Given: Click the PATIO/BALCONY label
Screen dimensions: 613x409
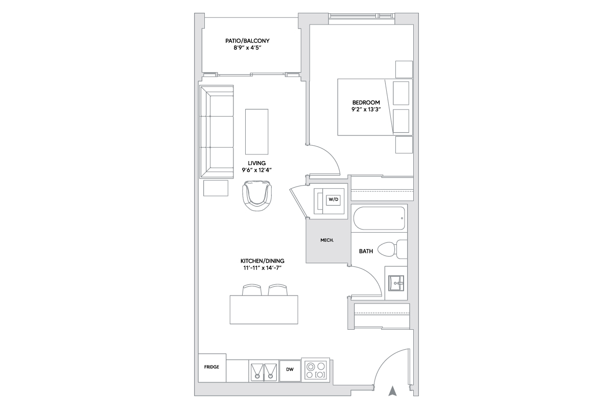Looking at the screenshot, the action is (x=247, y=41).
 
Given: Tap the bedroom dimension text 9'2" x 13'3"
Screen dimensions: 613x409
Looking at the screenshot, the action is (x=366, y=109).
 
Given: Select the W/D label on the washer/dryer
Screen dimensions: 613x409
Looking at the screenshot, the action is (x=333, y=199).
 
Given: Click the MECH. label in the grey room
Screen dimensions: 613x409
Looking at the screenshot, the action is (x=327, y=240).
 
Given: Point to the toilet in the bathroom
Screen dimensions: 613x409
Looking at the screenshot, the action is (x=392, y=249).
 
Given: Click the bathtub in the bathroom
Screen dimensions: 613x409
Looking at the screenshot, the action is (x=379, y=218).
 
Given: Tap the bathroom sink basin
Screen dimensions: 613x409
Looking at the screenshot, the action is (x=396, y=283).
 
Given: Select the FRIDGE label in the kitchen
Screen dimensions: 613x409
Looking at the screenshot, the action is (x=211, y=367).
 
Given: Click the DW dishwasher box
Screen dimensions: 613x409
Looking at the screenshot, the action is (x=290, y=371).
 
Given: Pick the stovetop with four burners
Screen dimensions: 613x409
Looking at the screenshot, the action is (x=316, y=370).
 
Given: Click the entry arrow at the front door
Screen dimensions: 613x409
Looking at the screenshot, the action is (x=393, y=391).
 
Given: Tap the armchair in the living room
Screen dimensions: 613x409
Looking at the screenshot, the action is (x=257, y=196).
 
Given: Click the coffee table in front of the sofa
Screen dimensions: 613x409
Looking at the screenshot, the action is (x=256, y=132).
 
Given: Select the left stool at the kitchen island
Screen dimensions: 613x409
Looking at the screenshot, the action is (x=252, y=290).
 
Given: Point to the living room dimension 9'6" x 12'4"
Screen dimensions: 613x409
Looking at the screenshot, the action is (x=256, y=170).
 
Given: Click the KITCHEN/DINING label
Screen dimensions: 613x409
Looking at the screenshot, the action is (x=263, y=261).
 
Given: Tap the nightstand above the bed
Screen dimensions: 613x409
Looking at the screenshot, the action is (x=404, y=70).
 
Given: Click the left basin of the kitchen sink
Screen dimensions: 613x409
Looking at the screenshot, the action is (x=257, y=373).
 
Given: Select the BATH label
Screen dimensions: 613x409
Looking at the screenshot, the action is (x=366, y=251).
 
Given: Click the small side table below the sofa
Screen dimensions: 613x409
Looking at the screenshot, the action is (x=216, y=188).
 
